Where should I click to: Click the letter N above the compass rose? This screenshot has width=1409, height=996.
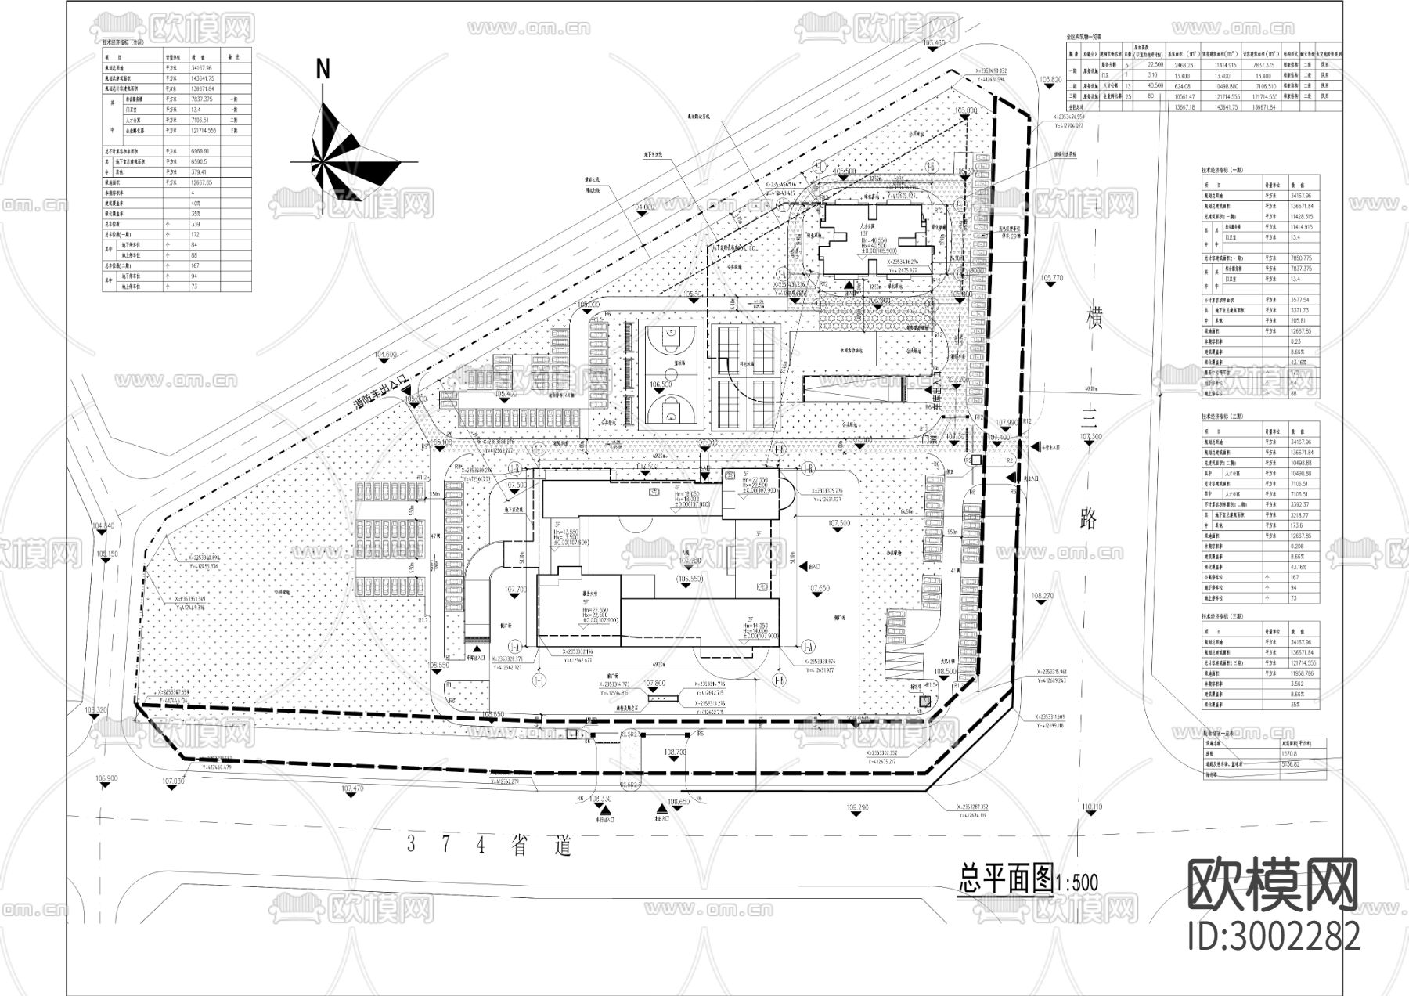point(323,69)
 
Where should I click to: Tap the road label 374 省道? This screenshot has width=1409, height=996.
point(490,845)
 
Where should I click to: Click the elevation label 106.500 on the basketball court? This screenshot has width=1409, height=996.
point(661,385)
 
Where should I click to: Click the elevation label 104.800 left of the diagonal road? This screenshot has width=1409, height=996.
point(385,355)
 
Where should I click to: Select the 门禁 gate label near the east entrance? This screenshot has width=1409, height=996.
point(928,439)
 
